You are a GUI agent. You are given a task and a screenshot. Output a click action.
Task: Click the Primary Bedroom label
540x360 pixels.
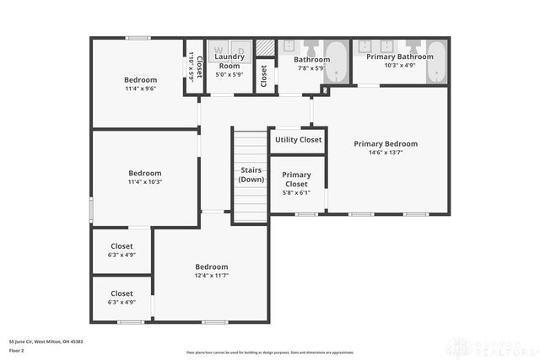(x=385, y=143)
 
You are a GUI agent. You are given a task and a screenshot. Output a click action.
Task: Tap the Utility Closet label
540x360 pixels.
(x=298, y=139)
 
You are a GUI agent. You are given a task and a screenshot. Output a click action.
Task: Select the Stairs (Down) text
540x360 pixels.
(x=251, y=175)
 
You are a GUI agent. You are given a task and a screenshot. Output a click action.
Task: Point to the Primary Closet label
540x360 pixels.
(x=296, y=179)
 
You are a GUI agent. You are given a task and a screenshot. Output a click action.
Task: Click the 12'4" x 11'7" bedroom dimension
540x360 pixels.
(x=212, y=276)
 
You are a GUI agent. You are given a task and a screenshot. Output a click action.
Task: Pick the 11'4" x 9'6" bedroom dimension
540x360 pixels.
(x=141, y=89)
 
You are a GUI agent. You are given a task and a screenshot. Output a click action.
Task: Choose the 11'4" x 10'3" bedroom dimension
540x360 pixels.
(x=144, y=182)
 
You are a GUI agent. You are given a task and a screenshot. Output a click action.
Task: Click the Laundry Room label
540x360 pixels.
(x=229, y=61)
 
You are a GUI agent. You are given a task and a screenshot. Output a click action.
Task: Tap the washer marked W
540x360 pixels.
(x=217, y=50)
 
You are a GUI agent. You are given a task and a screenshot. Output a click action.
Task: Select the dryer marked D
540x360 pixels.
(x=240, y=50)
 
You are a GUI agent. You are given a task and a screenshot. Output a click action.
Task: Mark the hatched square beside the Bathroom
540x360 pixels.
(x=265, y=47)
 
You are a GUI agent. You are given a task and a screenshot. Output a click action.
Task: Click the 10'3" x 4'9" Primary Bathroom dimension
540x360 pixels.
(x=399, y=65)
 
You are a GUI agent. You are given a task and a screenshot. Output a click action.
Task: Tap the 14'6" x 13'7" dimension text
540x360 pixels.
(x=385, y=153)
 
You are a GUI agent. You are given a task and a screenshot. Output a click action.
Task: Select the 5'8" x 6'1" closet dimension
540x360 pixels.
(x=296, y=192)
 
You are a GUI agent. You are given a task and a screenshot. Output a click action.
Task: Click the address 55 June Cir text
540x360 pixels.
(x=46, y=341)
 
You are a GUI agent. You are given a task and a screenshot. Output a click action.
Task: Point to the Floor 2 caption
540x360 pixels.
(x=18, y=349)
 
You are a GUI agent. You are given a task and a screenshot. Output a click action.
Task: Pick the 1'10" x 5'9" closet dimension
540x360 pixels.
(x=192, y=65)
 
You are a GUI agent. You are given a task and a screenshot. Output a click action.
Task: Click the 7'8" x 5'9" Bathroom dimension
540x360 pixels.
(x=310, y=68)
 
